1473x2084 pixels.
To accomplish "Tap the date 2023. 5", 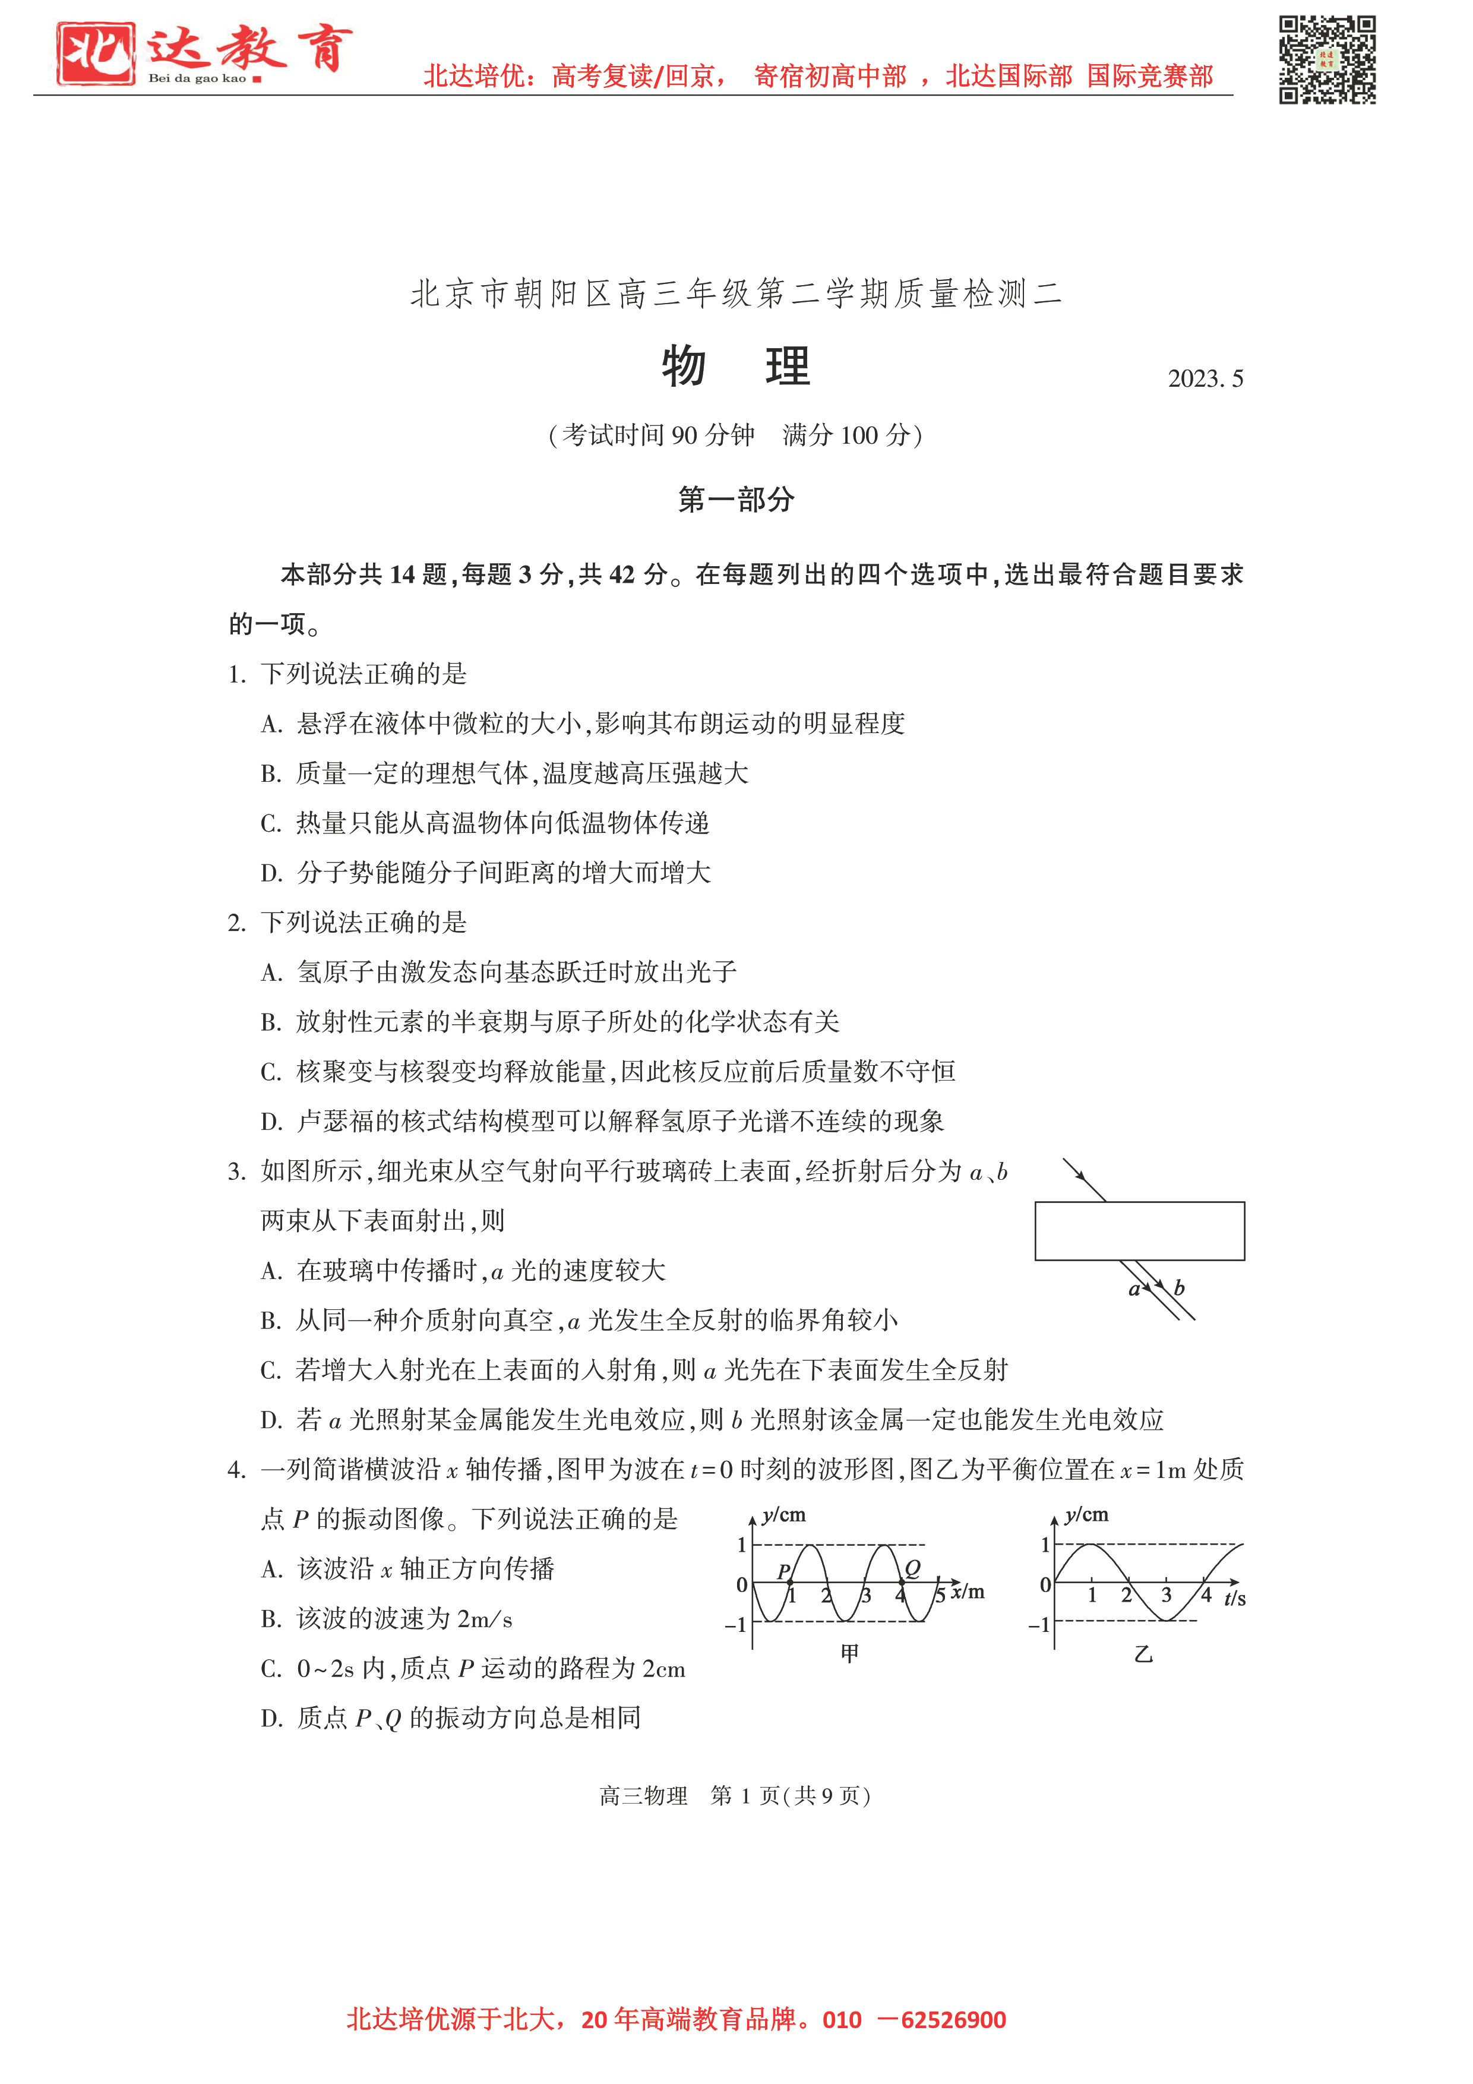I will [x=1205, y=378].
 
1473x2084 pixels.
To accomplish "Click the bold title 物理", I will [x=735, y=367].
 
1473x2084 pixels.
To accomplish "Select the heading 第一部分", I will [x=736, y=499].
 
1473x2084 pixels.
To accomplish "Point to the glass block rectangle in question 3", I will [x=1139, y=1231].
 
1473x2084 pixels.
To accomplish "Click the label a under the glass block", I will [x=1134, y=1289].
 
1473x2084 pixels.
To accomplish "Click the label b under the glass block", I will [x=1179, y=1287].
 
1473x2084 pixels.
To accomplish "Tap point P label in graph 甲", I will [x=783, y=1571].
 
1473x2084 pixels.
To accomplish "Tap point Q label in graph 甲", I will [x=912, y=1568].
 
